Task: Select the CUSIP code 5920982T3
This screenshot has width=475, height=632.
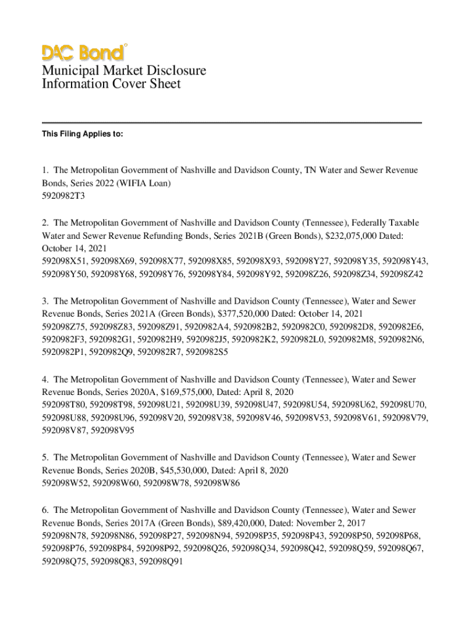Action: click(63, 196)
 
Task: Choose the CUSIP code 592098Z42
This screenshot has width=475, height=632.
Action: click(402, 275)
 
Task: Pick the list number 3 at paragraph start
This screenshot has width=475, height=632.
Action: click(45, 301)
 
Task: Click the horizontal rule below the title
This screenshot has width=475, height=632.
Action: click(232, 123)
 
